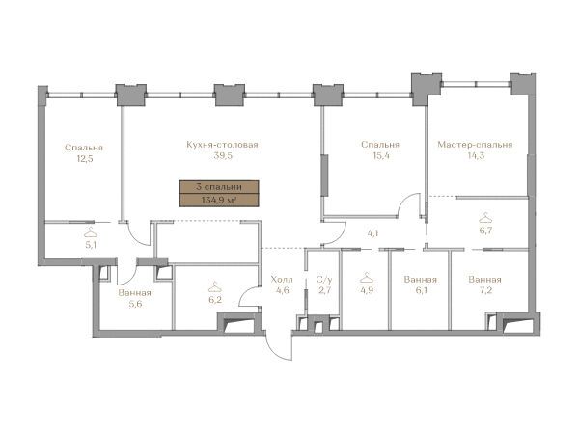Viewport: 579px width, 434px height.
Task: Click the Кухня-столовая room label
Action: point(222,145)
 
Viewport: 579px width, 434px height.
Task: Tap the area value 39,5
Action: point(223,155)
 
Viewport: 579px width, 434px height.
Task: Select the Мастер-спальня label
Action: point(475,145)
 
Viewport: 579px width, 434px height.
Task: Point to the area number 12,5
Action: point(84,159)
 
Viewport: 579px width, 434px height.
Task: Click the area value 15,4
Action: point(380,155)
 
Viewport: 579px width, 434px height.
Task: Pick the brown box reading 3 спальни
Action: point(219,187)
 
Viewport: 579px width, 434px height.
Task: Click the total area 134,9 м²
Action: point(219,200)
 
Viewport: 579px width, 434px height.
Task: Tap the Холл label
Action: point(282,279)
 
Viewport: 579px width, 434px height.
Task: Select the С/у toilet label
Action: point(324,280)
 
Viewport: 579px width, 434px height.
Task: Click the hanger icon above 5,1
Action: point(91,232)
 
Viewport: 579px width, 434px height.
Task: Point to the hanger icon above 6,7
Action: point(485,218)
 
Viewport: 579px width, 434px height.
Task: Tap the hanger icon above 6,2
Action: point(214,286)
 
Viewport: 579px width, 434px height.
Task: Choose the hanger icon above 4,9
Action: point(367,277)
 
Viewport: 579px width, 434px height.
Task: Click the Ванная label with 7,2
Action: point(484,280)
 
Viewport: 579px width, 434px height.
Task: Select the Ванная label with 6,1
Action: point(421,280)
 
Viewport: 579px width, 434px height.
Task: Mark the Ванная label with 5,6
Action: point(135,293)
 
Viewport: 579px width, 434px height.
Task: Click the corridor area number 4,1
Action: point(372,233)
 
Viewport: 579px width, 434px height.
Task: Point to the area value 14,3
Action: point(476,155)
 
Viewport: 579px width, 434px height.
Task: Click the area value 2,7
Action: point(325,290)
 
